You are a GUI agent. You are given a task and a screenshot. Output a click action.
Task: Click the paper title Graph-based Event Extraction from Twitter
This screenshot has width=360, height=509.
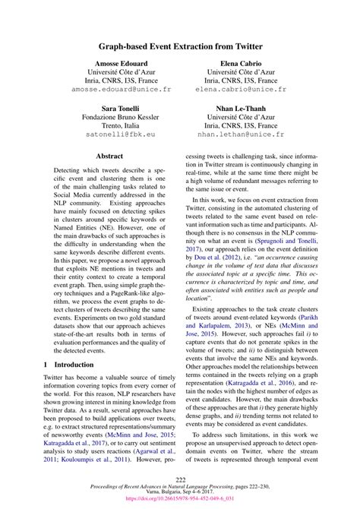[180, 46]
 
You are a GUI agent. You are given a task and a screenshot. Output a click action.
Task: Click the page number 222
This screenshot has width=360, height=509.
[180, 479]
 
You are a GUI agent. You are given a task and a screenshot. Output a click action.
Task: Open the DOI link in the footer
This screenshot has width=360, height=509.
[180, 500]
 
